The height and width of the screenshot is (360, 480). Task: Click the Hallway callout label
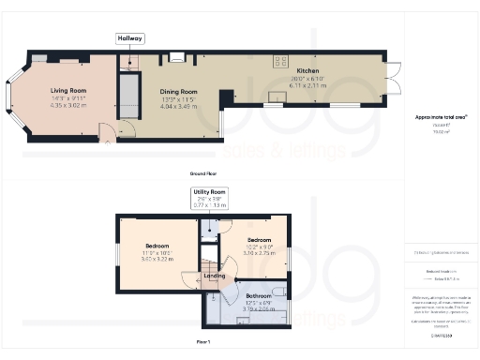coord(128,38)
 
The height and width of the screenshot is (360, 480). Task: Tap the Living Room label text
coord(67,91)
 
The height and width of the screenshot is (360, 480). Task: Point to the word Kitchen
coord(308,71)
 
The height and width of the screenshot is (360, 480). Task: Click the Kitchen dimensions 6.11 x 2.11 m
coord(308,84)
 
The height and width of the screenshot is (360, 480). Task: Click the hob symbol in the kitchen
coord(278,61)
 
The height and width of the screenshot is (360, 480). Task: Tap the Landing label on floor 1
coord(214,276)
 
